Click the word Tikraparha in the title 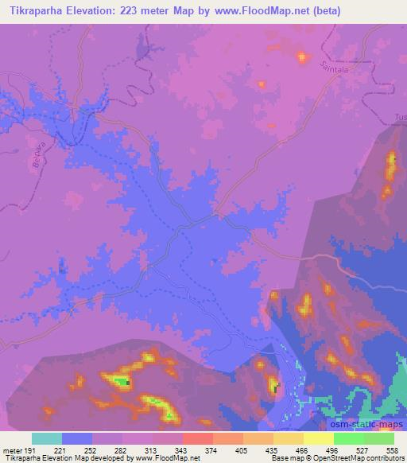pos(35,10)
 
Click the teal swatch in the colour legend pos(47,438)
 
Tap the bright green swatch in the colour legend pos(349,438)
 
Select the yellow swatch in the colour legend pos(289,438)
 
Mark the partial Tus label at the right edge pos(400,119)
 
